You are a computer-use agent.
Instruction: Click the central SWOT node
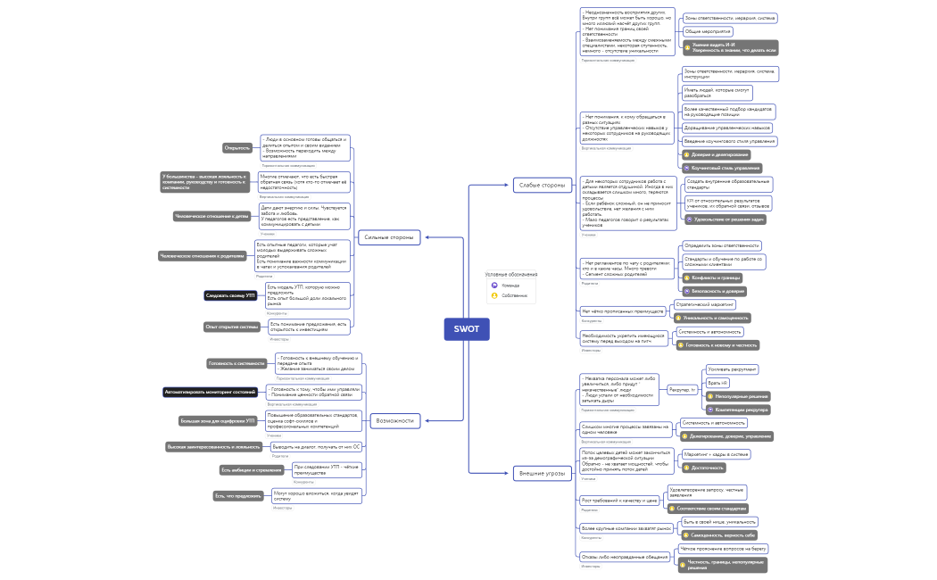pyautogui.click(x=467, y=328)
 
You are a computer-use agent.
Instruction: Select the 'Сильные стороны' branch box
pyautogui.click(x=390, y=237)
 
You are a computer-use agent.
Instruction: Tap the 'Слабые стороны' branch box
pyautogui.click(x=542, y=186)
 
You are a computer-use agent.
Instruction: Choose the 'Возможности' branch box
pyautogui.click(x=395, y=419)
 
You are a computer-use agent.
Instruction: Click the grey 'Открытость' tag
pyautogui.click(x=237, y=148)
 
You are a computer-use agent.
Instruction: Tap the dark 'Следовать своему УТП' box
pyautogui.click(x=230, y=294)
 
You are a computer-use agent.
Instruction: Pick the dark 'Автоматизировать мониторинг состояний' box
pyautogui.click(x=210, y=392)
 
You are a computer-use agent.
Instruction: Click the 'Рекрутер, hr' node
pyautogui.click(x=682, y=390)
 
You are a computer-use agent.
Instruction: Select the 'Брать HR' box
pyautogui.click(x=718, y=383)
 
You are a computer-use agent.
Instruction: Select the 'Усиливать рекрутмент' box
pyautogui.click(x=732, y=369)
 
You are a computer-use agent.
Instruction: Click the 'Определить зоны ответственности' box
pyautogui.click(x=721, y=245)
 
